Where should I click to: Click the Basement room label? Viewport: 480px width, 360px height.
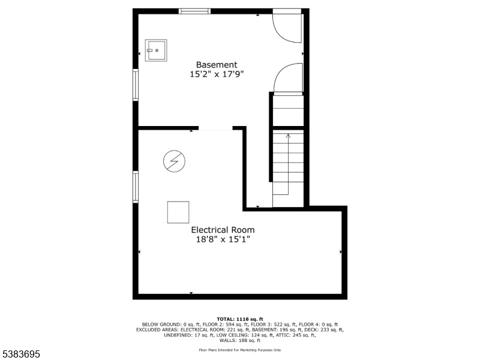click(x=217, y=65)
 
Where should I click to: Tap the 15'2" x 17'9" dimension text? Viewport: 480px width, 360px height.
click(x=217, y=74)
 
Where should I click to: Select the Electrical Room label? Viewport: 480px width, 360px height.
click(x=223, y=230)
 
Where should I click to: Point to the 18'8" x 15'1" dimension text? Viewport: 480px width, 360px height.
click(x=223, y=239)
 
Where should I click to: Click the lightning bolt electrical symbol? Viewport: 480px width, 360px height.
click(x=174, y=161)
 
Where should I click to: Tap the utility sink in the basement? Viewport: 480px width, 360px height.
click(x=156, y=50)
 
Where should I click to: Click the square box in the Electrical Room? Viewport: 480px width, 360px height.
click(x=178, y=212)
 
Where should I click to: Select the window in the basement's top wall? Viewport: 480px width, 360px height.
click(x=194, y=11)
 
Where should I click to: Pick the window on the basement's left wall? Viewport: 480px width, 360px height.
click(x=136, y=85)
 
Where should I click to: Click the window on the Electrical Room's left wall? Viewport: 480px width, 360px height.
click(x=136, y=187)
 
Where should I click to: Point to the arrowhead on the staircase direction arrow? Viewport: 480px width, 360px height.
click(x=288, y=136)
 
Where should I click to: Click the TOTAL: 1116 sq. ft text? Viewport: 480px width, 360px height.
click(x=239, y=319)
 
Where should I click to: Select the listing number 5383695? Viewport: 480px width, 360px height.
click(x=20, y=354)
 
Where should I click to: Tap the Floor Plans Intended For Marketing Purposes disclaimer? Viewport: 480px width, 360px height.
click(x=239, y=350)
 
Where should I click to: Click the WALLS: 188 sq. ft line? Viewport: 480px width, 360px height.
click(x=239, y=340)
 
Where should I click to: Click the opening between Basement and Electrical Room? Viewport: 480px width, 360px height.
click(x=215, y=128)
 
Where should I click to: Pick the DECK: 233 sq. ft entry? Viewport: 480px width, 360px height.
click(x=326, y=330)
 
